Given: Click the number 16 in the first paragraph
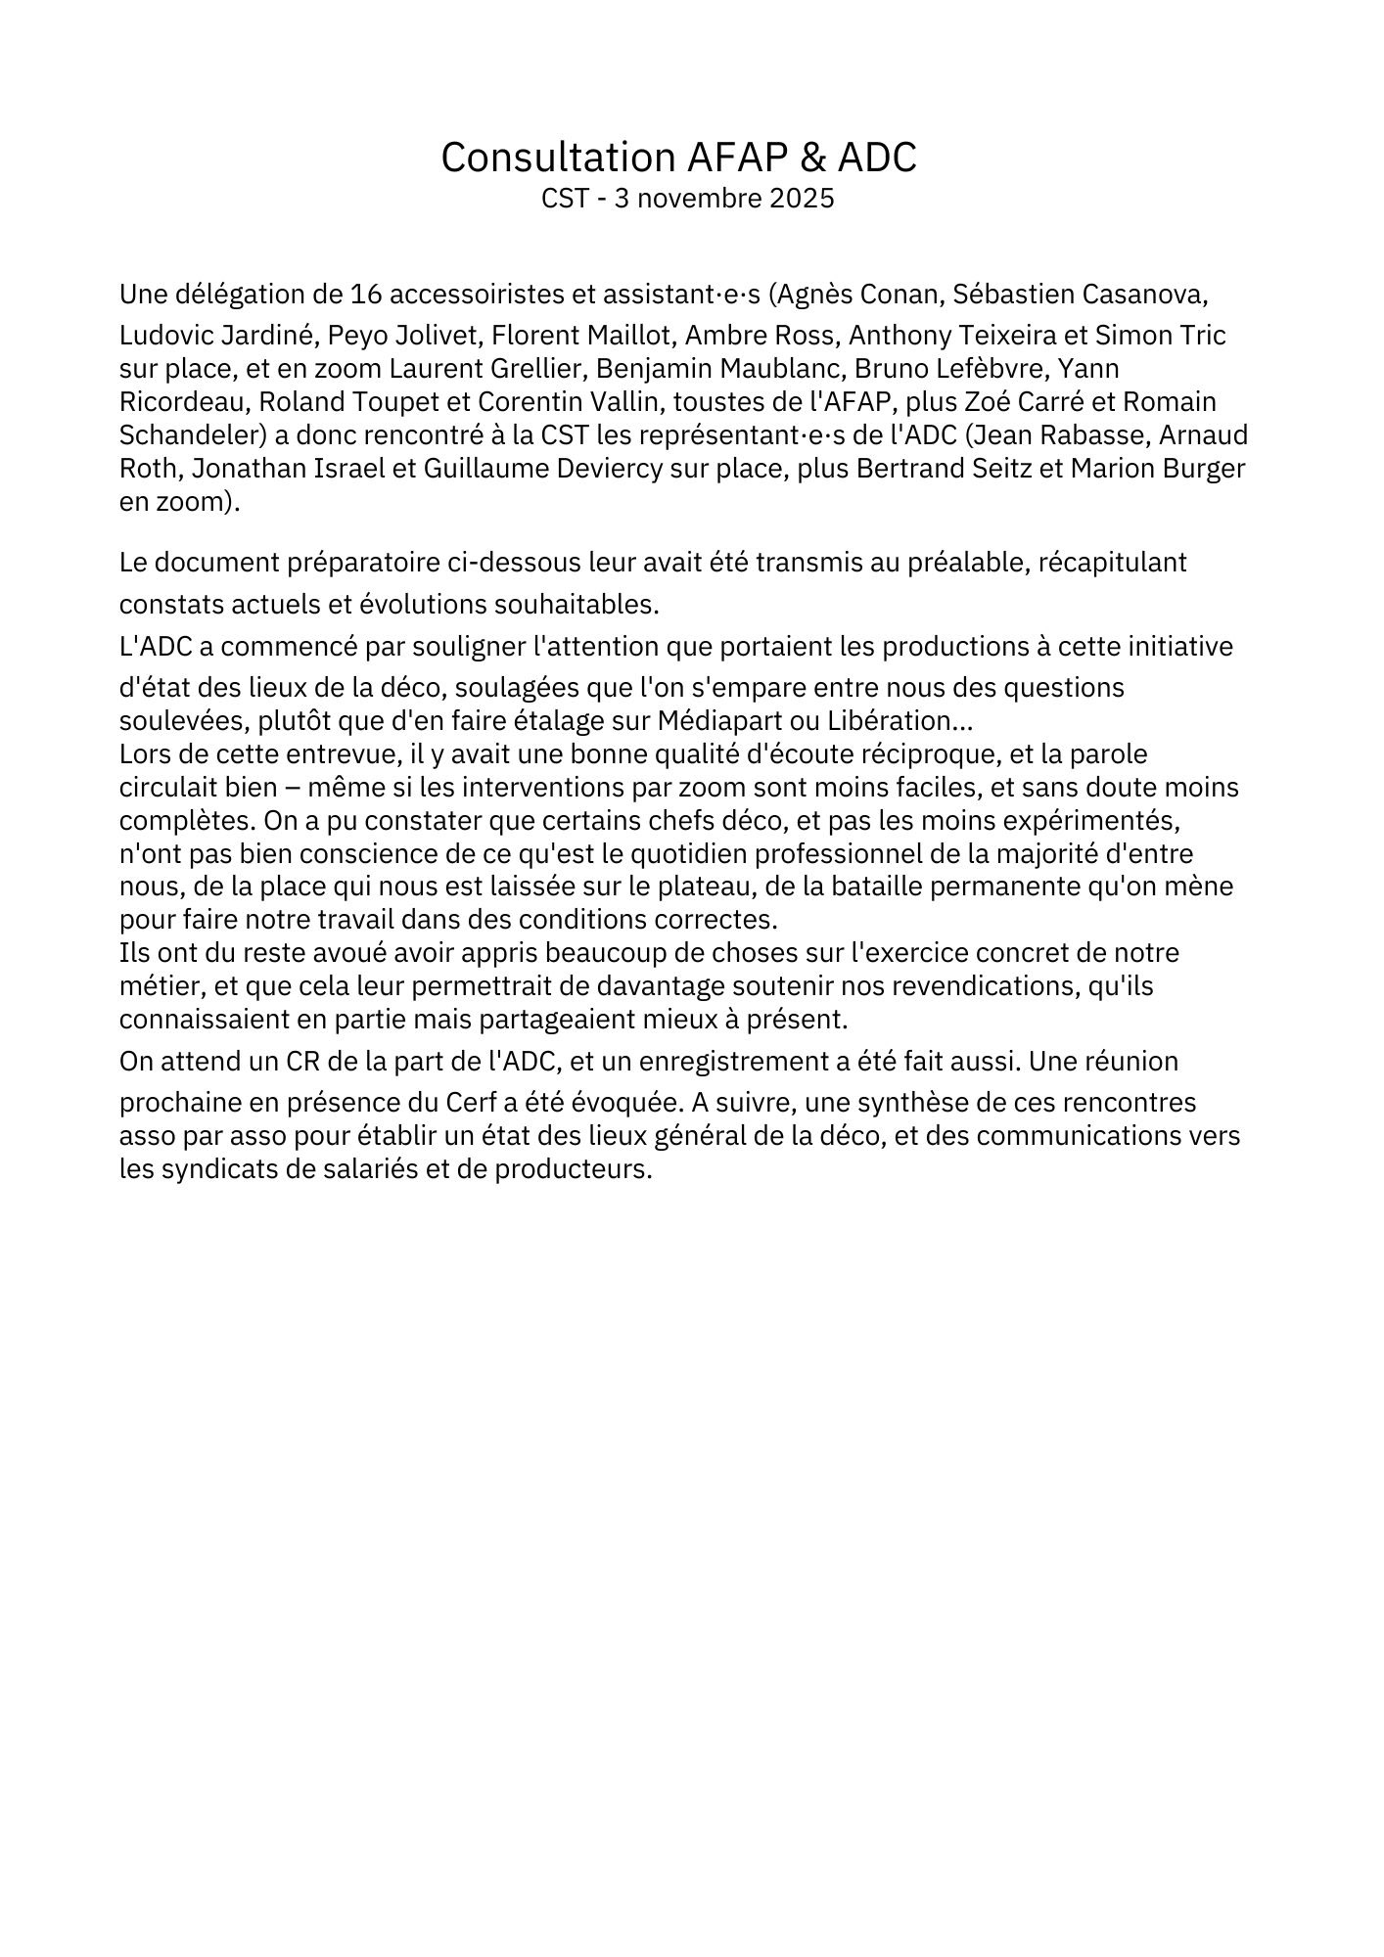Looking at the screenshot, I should [x=365, y=294].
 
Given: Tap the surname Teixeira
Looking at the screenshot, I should [x=1017, y=336].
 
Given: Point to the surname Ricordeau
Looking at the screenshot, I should [x=185, y=402].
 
